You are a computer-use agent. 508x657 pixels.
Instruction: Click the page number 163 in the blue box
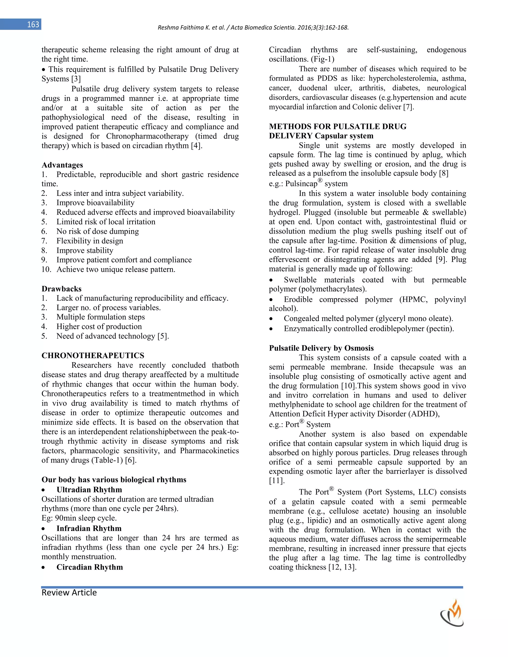click(x=33, y=24)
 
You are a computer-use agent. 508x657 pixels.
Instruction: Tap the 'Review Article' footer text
click(x=69, y=593)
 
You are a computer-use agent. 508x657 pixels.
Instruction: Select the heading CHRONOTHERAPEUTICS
click(x=93, y=356)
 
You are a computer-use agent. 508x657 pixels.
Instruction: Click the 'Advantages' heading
click(x=62, y=165)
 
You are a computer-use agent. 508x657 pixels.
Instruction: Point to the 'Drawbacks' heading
click(x=62, y=289)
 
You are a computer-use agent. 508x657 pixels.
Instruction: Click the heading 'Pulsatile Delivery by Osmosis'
click(x=321, y=348)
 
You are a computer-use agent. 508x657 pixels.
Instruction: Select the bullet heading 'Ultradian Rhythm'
click(x=89, y=490)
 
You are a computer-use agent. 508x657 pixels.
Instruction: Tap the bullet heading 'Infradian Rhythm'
click(x=89, y=529)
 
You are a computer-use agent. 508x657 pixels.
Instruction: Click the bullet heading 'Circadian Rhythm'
click(x=89, y=567)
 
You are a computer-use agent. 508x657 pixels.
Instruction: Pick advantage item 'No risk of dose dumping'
click(x=97, y=231)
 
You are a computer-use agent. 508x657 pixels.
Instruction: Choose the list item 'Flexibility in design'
click(x=90, y=241)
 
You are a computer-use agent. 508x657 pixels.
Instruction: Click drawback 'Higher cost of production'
click(x=99, y=327)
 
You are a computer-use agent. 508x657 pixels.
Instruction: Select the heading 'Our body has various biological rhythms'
click(x=114, y=479)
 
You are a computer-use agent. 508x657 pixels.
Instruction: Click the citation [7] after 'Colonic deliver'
click(x=408, y=107)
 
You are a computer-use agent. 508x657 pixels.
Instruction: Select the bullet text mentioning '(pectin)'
click(x=368, y=328)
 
